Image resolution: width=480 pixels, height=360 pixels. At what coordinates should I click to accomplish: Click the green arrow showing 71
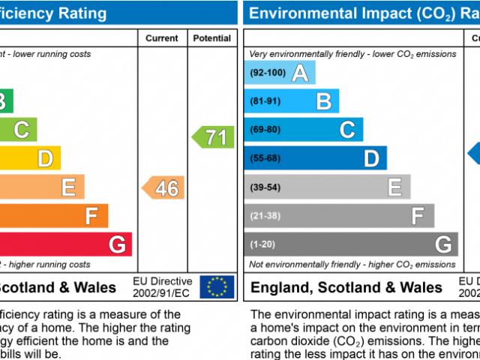click(x=213, y=137)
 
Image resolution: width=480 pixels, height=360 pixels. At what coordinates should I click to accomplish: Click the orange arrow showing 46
click(x=163, y=187)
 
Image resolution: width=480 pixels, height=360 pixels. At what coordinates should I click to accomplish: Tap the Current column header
click(x=162, y=38)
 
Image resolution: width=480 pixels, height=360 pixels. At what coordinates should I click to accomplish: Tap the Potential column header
click(x=212, y=38)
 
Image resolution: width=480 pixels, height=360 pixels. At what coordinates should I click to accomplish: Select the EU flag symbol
click(x=217, y=286)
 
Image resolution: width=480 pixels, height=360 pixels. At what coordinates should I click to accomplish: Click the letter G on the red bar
click(x=117, y=244)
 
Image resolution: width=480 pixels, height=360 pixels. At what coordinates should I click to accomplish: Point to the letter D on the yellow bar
click(x=46, y=158)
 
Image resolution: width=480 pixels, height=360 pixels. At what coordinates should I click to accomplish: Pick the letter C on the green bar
click(x=22, y=130)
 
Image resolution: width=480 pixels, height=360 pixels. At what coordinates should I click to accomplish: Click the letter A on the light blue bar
click(x=300, y=73)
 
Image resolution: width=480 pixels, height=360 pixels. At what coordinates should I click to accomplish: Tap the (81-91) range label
click(x=265, y=101)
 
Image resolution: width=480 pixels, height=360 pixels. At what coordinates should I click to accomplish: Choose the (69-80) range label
click(x=265, y=130)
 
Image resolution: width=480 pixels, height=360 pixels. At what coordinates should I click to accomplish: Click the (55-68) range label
click(x=265, y=158)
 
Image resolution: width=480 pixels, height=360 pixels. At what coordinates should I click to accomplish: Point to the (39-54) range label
click(x=265, y=187)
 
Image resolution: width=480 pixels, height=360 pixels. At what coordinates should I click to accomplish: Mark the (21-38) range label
click(x=265, y=216)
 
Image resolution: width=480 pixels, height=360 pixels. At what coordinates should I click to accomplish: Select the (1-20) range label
click(x=262, y=244)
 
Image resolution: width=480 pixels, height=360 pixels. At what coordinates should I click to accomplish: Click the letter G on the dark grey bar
click(x=442, y=244)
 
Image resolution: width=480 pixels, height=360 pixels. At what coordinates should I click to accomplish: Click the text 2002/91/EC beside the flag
click(x=162, y=292)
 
